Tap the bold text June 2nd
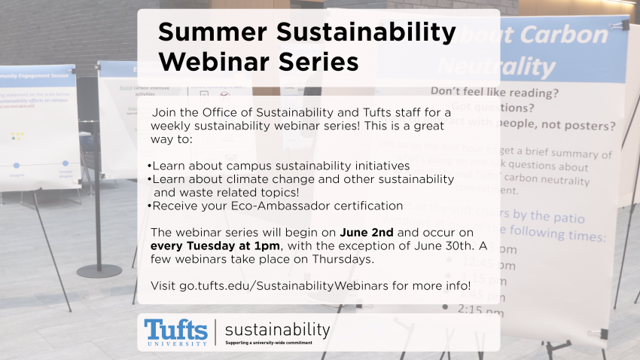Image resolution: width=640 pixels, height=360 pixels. [367, 232]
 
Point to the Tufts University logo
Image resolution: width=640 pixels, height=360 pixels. [176, 332]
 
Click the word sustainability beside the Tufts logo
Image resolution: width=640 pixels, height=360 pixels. [277, 330]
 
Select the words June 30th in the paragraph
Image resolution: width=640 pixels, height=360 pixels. [443, 246]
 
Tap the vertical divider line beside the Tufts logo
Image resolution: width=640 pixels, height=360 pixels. [215, 332]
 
